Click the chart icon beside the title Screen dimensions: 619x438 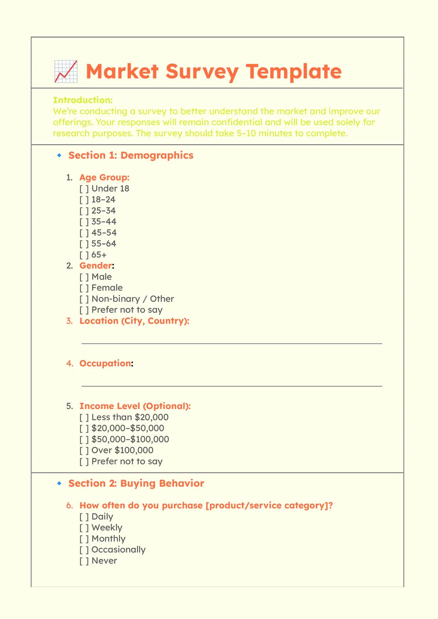pyautogui.click(x=66, y=71)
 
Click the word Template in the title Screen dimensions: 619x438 pyautogui.click(x=294, y=72)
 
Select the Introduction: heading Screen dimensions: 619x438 pyautogui.click(x=83, y=100)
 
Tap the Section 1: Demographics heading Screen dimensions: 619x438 pyautogui.click(x=130, y=155)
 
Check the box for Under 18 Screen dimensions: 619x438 pyautogui.click(x=84, y=189)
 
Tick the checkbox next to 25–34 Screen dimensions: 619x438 pyautogui.click(x=84, y=211)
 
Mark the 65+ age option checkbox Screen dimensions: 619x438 pyautogui.click(x=84, y=255)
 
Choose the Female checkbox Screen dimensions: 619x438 pyautogui.click(x=84, y=288)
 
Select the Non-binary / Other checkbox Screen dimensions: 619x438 pyautogui.click(x=84, y=299)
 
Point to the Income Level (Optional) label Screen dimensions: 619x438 pyautogui.click(x=135, y=406)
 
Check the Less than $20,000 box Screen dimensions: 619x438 pyautogui.click(x=84, y=417)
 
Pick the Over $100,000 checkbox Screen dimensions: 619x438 pyautogui.click(x=84, y=451)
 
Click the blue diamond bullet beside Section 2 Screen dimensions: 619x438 pyautogui.click(x=59, y=483)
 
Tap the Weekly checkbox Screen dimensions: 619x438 pyautogui.click(x=84, y=528)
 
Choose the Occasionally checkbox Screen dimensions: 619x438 pyautogui.click(x=84, y=550)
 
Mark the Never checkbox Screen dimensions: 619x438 pyautogui.click(x=84, y=561)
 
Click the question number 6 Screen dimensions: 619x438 pyautogui.click(x=69, y=505)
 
